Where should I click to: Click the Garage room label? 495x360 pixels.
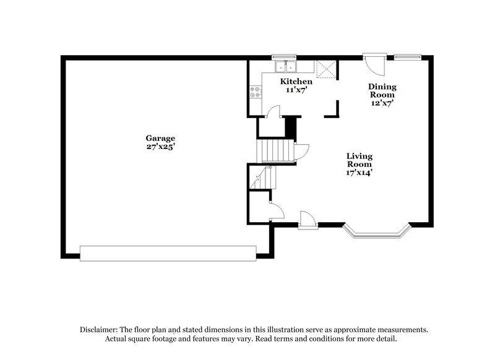pos(160,139)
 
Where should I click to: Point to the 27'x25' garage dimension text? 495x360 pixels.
pos(160,147)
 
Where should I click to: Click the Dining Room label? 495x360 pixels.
pos(382,91)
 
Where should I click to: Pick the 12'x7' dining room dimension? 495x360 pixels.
pos(382,103)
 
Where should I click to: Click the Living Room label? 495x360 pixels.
pos(359,160)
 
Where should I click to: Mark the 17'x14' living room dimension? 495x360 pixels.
pos(359,173)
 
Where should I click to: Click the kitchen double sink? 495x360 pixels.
pos(286,66)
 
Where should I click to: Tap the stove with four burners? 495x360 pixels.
pos(254,92)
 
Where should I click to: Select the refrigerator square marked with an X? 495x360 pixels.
pos(325,70)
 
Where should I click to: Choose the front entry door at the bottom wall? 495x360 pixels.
pos(306,220)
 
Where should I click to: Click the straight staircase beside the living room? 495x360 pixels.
pos(275,150)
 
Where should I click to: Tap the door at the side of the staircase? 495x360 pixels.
pos(301,151)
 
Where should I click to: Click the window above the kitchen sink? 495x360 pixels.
pos(286,58)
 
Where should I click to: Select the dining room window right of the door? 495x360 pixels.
pos(407,58)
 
